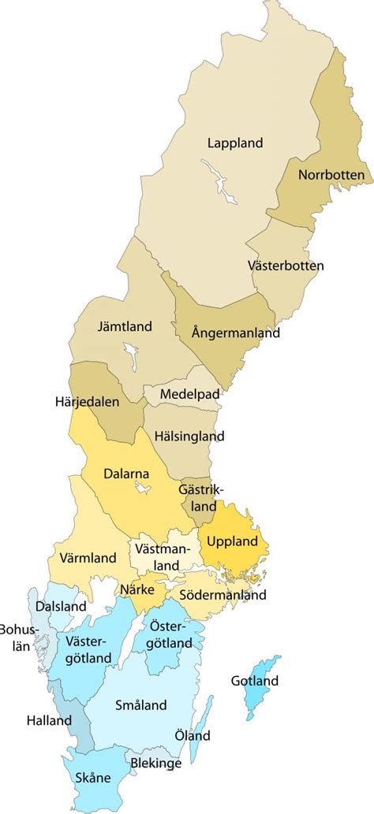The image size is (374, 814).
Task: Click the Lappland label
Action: point(235,143)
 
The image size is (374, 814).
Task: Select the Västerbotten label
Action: point(286,266)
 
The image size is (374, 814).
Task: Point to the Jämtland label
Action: point(125,325)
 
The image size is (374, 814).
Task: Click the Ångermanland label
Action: point(236,333)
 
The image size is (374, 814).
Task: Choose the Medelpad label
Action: point(189,393)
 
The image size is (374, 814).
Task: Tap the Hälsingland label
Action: point(189,436)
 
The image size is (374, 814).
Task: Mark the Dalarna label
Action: point(126,474)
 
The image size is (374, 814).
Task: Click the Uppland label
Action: point(234,541)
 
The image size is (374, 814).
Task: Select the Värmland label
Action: point(88,558)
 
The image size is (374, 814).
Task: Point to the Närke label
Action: point(137,588)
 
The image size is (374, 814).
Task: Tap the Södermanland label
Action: point(223,596)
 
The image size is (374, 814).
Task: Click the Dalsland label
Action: point(61,607)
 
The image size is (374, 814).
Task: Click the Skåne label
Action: point(93,778)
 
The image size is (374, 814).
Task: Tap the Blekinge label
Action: point(157,764)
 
